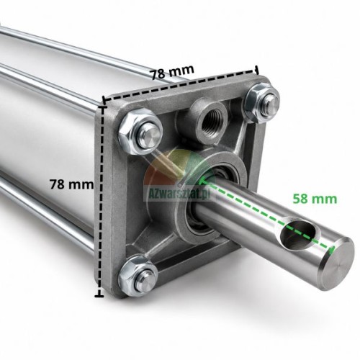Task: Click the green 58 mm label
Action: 315,199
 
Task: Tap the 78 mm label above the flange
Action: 172,71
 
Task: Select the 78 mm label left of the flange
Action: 71,184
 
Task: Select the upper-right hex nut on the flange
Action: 261,103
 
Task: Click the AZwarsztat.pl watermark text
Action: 177,193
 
